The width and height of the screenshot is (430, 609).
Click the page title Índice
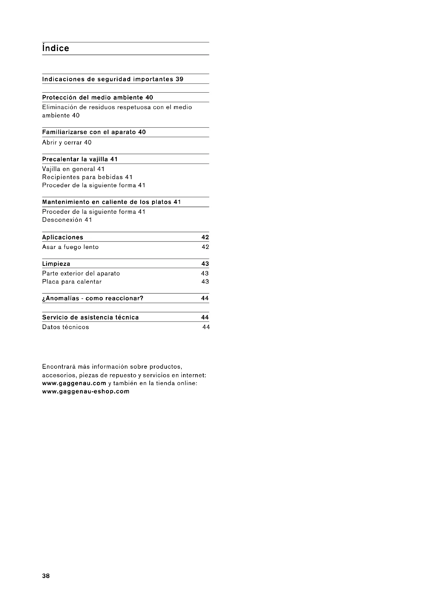(56, 48)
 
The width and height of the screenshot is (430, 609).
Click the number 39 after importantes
(180, 79)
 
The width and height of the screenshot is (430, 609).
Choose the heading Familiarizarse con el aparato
(90, 132)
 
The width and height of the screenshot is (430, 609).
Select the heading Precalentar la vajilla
(75, 159)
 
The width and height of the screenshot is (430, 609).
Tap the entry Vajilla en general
(69, 169)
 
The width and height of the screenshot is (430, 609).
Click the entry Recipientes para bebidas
(82, 177)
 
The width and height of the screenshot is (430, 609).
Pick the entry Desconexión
(62, 220)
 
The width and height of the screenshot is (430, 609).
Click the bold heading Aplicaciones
(63, 237)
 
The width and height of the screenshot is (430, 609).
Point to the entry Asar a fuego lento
(70, 247)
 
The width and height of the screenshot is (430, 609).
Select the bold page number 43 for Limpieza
(205, 264)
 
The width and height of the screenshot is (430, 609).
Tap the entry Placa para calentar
(72, 281)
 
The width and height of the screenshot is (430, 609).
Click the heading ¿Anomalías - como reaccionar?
(93, 298)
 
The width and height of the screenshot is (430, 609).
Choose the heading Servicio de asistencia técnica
(90, 317)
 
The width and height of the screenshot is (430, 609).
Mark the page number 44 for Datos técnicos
(206, 327)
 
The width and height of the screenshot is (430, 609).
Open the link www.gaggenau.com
(74, 383)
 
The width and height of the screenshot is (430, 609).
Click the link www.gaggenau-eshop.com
(86, 391)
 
